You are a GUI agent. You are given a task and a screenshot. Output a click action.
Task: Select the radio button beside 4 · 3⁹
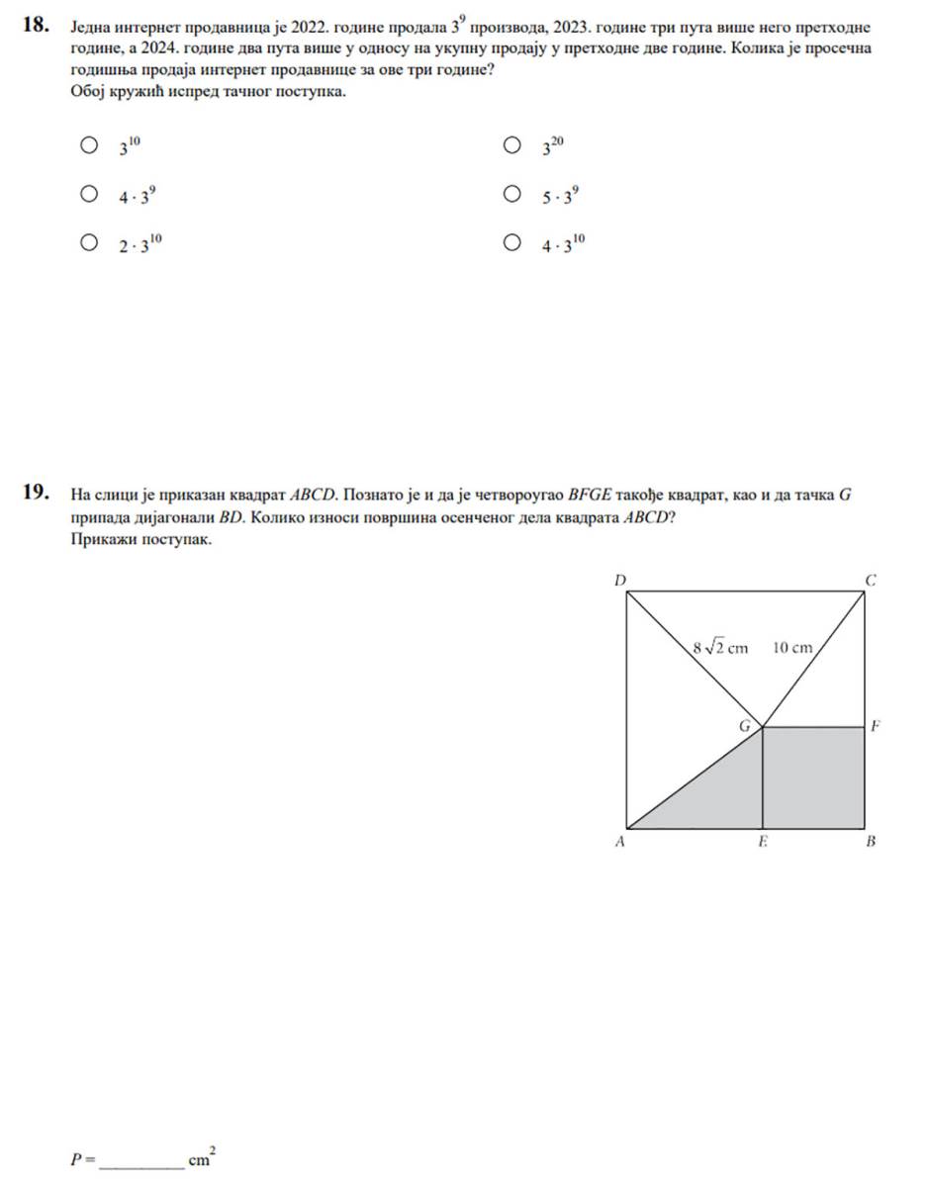(89, 194)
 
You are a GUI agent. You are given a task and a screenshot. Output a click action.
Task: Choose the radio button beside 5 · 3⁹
(510, 194)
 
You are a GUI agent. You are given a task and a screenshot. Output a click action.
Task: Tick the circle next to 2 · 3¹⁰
(89, 242)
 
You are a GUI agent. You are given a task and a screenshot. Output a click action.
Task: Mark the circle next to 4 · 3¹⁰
(510, 242)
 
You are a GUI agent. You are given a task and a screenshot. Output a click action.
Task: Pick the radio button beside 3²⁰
(510, 146)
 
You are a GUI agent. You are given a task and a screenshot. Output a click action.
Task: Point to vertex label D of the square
(620, 579)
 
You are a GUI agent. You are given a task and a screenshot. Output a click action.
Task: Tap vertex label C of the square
(871, 579)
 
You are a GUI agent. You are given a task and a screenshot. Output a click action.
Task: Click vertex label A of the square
(619, 843)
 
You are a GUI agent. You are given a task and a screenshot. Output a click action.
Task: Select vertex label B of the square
(871, 843)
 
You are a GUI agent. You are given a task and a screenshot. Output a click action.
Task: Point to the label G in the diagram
(745, 725)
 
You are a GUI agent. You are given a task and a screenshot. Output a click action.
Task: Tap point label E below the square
(762, 843)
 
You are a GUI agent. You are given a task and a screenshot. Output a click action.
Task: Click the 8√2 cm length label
(720, 649)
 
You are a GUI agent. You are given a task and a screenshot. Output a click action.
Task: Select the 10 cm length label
(792, 649)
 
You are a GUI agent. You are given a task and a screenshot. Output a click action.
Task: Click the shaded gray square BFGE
(814, 777)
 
